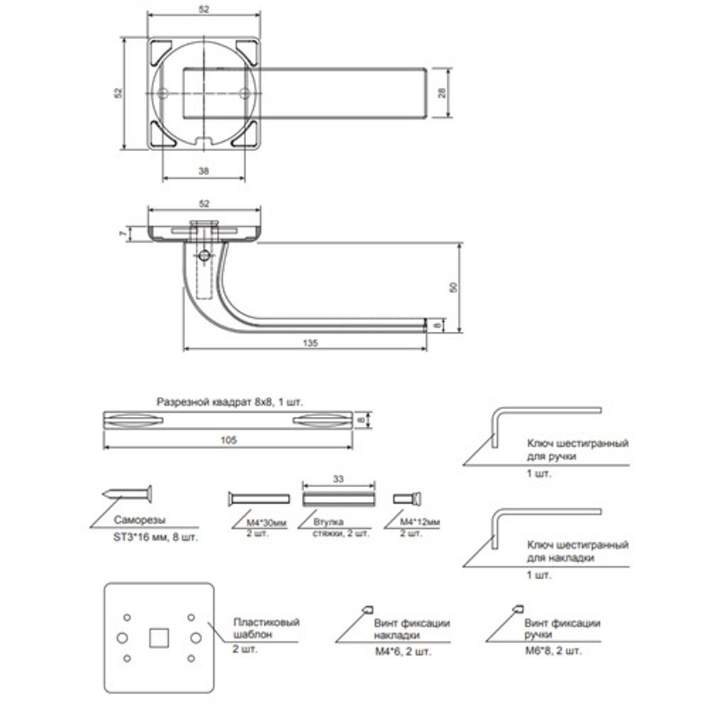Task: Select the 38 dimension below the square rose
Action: point(203,172)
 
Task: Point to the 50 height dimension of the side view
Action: point(454,287)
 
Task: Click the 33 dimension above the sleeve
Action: point(338,479)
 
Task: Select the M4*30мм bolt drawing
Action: point(258,498)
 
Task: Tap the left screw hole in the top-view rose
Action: point(163,93)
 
